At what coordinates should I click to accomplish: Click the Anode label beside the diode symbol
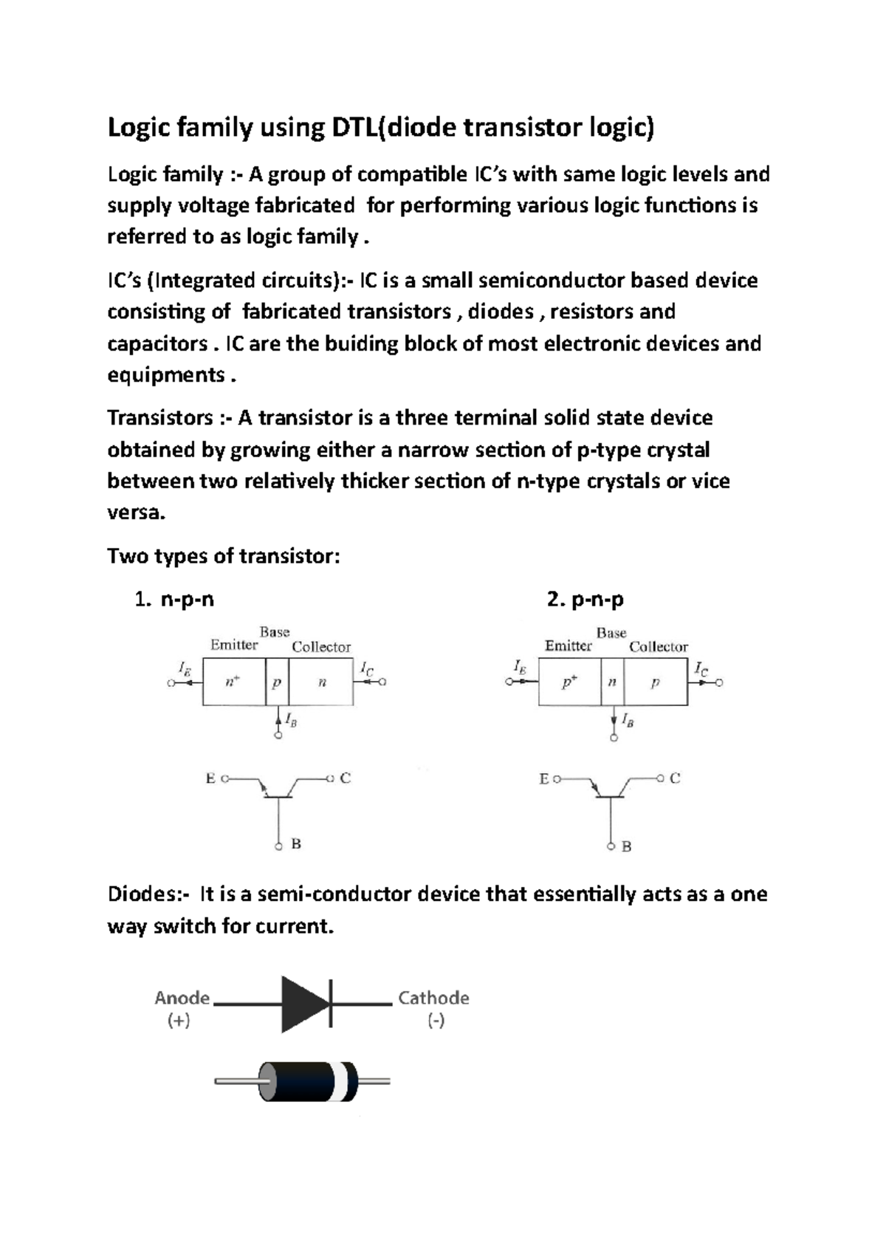(x=182, y=998)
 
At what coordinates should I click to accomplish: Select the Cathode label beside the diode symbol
(x=433, y=998)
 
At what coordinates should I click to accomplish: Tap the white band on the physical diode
(x=342, y=1082)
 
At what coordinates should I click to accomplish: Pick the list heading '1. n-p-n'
(x=175, y=600)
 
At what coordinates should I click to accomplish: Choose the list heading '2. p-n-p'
(x=585, y=600)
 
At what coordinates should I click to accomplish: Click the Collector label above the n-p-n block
(x=321, y=647)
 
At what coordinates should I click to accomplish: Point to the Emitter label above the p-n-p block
(x=568, y=646)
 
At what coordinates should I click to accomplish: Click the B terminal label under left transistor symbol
(x=296, y=844)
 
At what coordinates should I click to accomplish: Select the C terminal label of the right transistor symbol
(x=675, y=778)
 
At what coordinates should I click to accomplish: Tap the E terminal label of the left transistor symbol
(x=210, y=778)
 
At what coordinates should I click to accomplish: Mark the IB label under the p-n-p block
(x=627, y=720)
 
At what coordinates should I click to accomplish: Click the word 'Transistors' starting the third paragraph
(x=161, y=418)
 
